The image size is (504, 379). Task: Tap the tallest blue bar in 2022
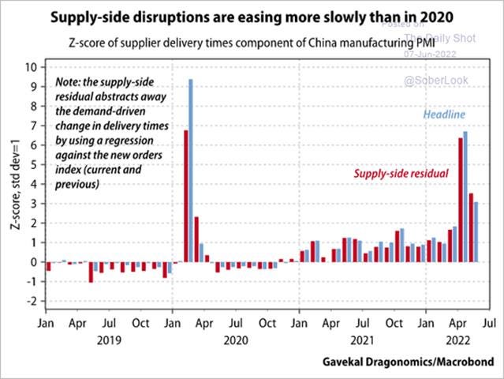(x=465, y=197)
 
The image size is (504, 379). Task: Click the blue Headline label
(x=444, y=115)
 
